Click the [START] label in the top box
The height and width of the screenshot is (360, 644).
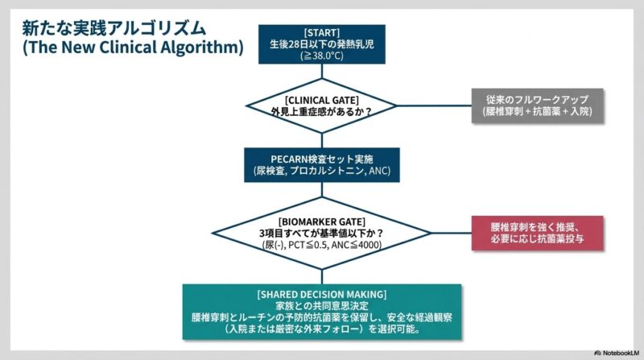[321, 32]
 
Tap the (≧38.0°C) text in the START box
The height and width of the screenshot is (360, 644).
[321, 56]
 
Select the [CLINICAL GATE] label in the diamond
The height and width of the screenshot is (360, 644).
[321, 97]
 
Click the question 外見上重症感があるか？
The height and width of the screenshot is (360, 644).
[321, 110]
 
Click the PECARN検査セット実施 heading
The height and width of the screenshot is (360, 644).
[321, 158]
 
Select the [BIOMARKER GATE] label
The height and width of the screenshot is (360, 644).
[321, 219]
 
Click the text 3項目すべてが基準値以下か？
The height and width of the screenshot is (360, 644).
[321, 231]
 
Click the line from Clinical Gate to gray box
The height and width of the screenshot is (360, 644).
[435, 104]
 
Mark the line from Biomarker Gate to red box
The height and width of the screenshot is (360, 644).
[443, 233]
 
